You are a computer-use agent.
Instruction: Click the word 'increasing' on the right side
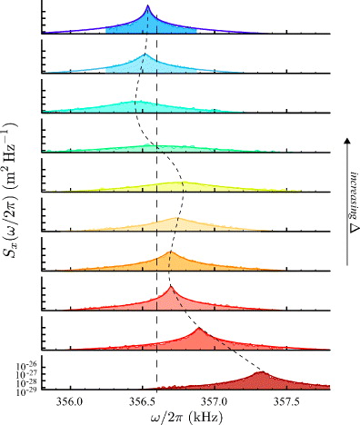point(352,186)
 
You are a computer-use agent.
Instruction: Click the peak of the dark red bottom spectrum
point(261,371)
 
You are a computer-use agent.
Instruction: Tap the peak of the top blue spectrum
point(147,5)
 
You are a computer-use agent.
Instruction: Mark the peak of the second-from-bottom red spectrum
point(198,329)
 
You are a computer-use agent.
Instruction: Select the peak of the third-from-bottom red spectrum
point(170,287)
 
